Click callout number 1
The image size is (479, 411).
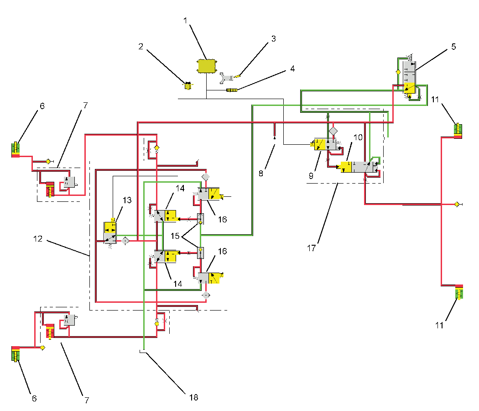click(x=185, y=21)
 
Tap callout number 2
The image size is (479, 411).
click(x=141, y=47)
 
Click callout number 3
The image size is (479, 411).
click(x=273, y=39)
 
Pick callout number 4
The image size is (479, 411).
click(x=292, y=69)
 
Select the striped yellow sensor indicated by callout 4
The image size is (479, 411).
click(x=232, y=90)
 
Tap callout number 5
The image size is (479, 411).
click(x=453, y=47)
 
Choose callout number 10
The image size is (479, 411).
click(x=358, y=137)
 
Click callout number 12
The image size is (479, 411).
click(x=37, y=238)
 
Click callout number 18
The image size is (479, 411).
click(x=194, y=397)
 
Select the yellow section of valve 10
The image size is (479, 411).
click(x=347, y=167)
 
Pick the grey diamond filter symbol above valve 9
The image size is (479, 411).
click(x=333, y=131)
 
